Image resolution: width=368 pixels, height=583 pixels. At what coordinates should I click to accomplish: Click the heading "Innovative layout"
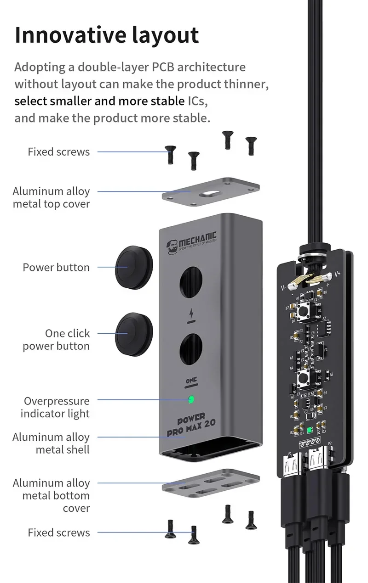(x=107, y=35)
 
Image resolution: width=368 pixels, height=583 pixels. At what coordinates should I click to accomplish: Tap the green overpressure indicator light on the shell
(x=191, y=399)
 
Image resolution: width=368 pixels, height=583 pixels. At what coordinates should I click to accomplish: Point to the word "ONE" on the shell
(x=191, y=381)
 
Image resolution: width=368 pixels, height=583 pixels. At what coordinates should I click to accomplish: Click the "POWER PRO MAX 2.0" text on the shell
(x=191, y=427)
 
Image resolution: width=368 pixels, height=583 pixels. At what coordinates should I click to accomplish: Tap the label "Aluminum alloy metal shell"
(x=51, y=443)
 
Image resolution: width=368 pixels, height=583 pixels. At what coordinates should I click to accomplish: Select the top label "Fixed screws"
(x=58, y=151)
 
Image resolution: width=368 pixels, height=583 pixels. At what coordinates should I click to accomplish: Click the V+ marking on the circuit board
(x=337, y=274)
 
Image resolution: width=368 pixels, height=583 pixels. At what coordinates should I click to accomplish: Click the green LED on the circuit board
(x=310, y=431)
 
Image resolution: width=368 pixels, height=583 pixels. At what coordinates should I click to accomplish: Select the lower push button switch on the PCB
(x=304, y=379)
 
